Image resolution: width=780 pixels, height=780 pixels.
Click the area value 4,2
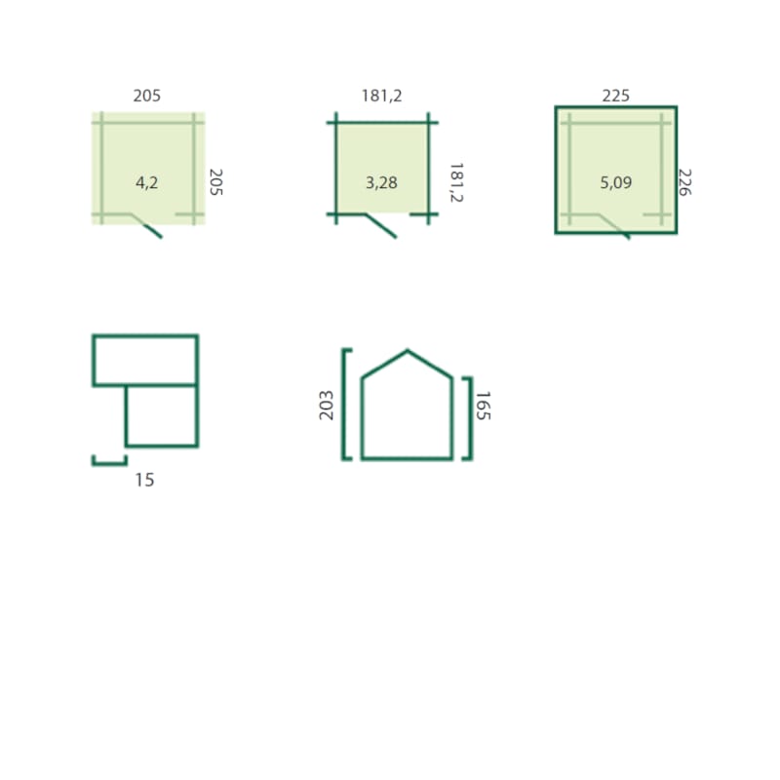pyautogui.click(x=147, y=181)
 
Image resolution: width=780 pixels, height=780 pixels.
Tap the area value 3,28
pyautogui.click(x=381, y=181)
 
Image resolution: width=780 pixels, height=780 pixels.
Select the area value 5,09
pyautogui.click(x=617, y=181)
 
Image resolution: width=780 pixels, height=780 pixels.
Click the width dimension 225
pyautogui.click(x=616, y=96)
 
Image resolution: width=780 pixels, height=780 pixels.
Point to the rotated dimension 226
pyautogui.click(x=684, y=182)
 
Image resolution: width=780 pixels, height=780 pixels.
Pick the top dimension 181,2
pyautogui.click(x=381, y=96)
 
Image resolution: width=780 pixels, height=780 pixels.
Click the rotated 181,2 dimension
pyautogui.click(x=455, y=182)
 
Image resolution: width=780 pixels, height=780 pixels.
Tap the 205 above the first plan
pyautogui.click(x=147, y=96)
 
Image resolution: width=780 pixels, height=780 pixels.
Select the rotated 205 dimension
pyautogui.click(x=216, y=182)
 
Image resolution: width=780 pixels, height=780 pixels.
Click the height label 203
pyautogui.click(x=327, y=405)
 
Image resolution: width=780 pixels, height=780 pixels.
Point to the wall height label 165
pyautogui.click(x=481, y=405)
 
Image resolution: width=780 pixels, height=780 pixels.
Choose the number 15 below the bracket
pyautogui.click(x=144, y=480)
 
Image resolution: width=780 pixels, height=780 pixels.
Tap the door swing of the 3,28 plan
pyautogui.click(x=382, y=226)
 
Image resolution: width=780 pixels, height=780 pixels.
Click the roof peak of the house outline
pyautogui.click(x=407, y=351)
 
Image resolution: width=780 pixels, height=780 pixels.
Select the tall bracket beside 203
pyautogui.click(x=345, y=404)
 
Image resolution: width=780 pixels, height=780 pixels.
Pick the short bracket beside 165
pyautogui.click(x=468, y=418)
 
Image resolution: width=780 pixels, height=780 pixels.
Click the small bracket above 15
pyautogui.click(x=109, y=460)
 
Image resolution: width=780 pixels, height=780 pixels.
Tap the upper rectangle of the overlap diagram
pyautogui.click(x=145, y=360)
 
